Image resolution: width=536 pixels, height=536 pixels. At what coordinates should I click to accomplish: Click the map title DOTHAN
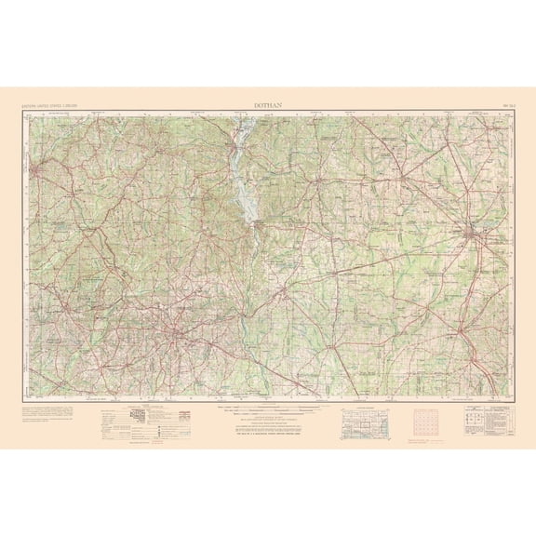point(268,106)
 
